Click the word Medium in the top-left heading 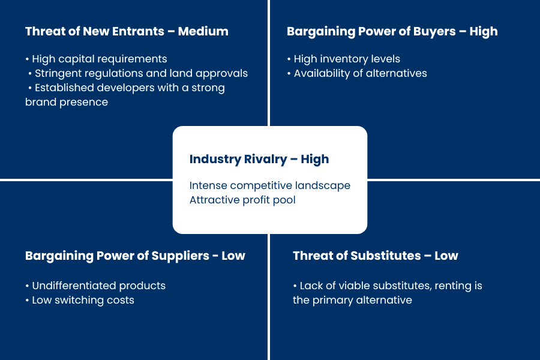(x=203, y=31)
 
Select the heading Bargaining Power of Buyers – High (x=392, y=32)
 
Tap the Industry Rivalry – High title (x=259, y=159)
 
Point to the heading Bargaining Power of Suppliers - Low (x=135, y=256)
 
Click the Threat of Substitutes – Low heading (x=376, y=256)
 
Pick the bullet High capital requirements (x=96, y=59)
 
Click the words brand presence (x=67, y=103)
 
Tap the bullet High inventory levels (x=344, y=59)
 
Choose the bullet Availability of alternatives (x=357, y=73)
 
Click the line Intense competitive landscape (x=269, y=185)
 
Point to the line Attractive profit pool (x=242, y=200)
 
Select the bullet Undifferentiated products (x=95, y=286)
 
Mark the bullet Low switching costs (x=80, y=301)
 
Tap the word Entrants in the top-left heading (x=138, y=31)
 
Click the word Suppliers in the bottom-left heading (x=180, y=256)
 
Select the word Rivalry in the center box (x=265, y=159)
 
